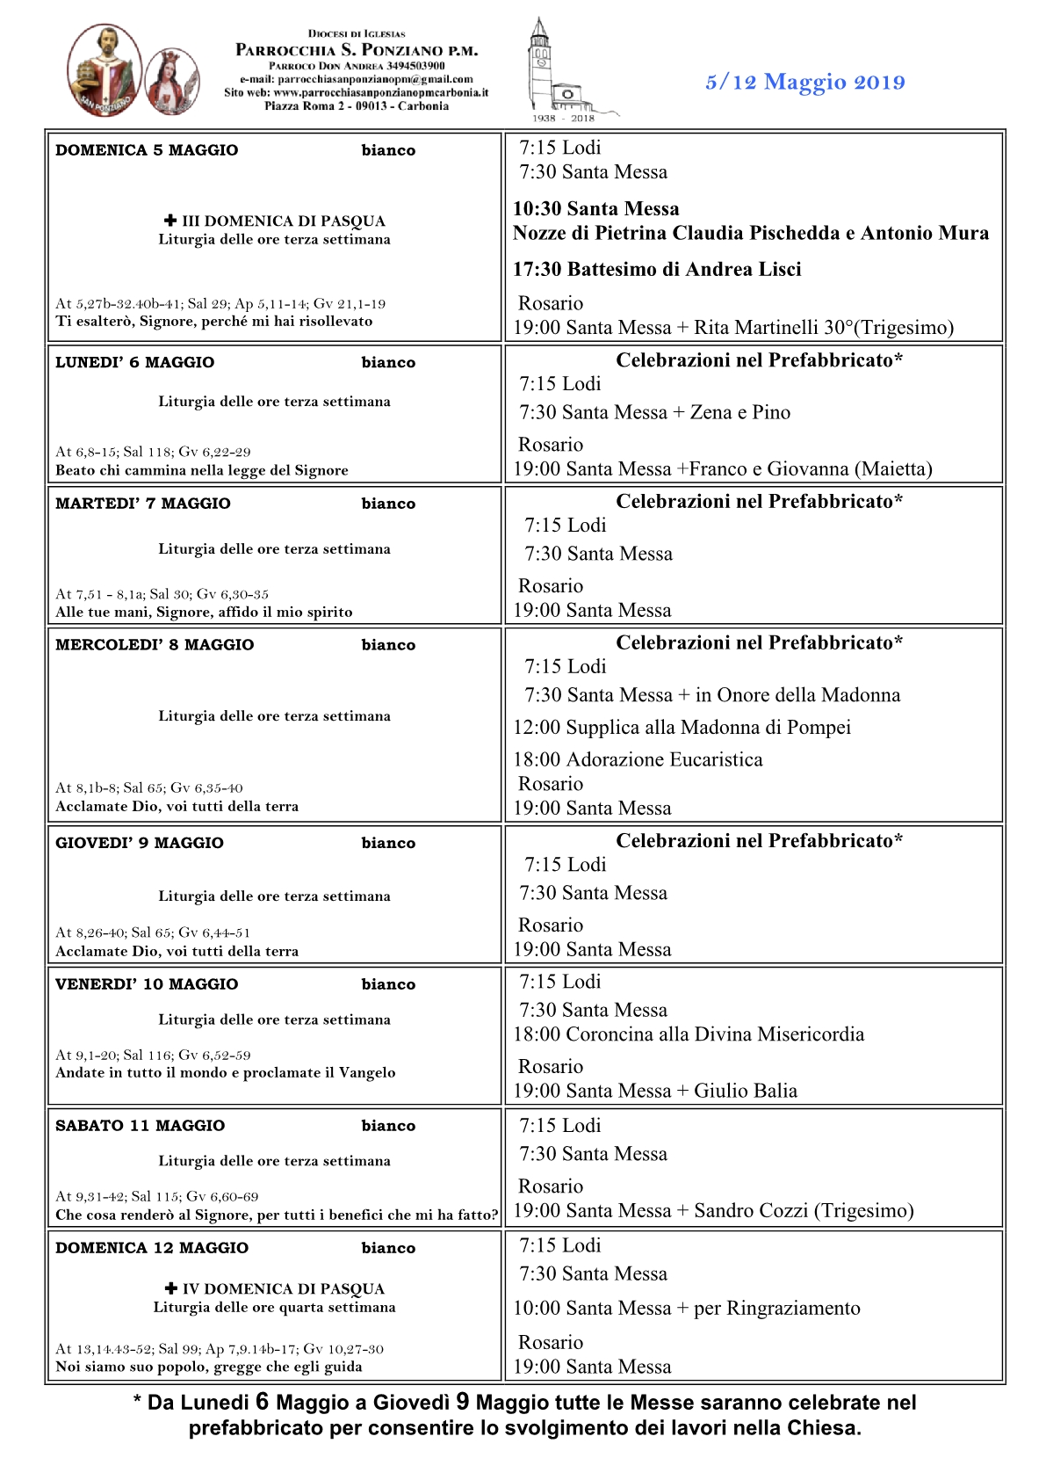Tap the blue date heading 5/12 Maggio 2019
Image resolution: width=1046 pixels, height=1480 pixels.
pyautogui.click(x=804, y=83)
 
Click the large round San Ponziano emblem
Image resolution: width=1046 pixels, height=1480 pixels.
pyautogui.click(x=105, y=70)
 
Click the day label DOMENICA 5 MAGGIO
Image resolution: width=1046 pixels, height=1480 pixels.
pyautogui.click(x=147, y=150)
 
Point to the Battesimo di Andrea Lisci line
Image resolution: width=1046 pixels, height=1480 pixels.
pyautogui.click(x=657, y=270)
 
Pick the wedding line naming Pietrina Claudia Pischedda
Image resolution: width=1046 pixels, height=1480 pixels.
pyautogui.click(x=751, y=233)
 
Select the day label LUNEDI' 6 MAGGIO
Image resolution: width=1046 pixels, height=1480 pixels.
pyautogui.click(x=134, y=362)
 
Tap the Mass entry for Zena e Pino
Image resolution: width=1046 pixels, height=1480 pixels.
pyautogui.click(x=654, y=412)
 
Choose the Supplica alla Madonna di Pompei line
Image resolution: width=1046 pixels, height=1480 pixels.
pyautogui.click(x=682, y=728)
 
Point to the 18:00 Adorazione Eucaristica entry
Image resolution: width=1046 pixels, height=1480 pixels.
pyautogui.click(x=638, y=759)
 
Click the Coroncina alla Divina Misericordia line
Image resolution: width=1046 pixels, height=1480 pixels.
pyautogui.click(x=689, y=1034)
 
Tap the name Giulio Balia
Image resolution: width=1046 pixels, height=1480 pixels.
pyautogui.click(x=746, y=1091)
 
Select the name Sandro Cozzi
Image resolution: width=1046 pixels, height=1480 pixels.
pyautogui.click(x=751, y=1211)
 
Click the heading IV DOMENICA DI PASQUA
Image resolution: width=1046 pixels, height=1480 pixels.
pyautogui.click(x=283, y=1288)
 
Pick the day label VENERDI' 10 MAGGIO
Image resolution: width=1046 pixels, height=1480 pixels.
pyautogui.click(x=147, y=984)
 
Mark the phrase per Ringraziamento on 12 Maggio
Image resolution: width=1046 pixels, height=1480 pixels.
pyautogui.click(x=776, y=1309)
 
